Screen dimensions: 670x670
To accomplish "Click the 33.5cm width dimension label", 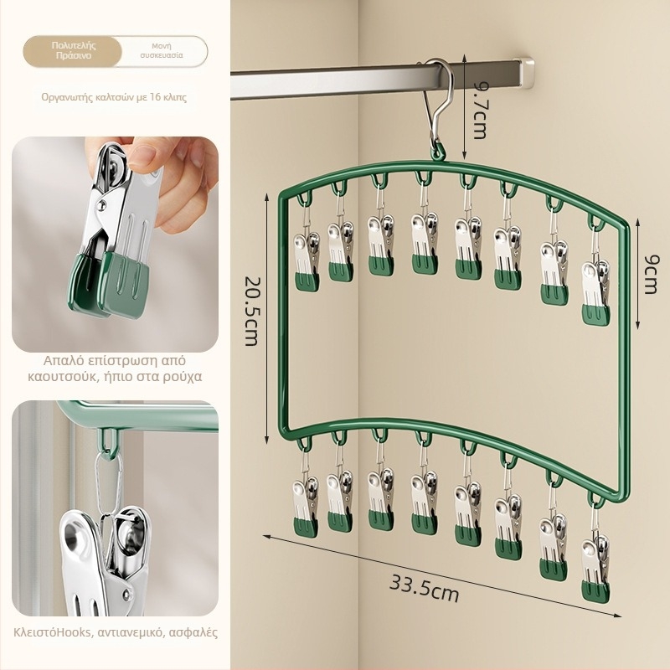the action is pos(424,589).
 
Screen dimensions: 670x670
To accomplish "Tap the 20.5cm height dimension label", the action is pos(252,310).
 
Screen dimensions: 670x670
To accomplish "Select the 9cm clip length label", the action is pos(651,275).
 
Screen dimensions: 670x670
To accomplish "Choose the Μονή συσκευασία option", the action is pos(162,51).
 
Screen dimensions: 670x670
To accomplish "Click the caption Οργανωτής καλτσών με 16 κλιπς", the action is pos(114,97).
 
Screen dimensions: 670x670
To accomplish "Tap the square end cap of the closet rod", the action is pos(525,72).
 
